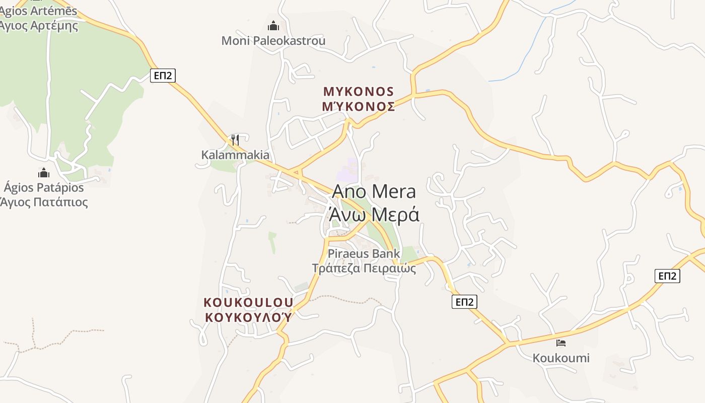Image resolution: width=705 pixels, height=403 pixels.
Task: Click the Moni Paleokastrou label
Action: point(273,41)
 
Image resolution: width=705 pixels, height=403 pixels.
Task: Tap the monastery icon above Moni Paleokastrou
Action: point(273,25)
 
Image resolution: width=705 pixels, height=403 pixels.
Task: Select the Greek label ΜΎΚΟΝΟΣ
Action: point(359,106)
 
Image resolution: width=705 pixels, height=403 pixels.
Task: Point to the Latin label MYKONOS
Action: point(359,92)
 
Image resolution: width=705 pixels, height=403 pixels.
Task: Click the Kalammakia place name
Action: point(235,155)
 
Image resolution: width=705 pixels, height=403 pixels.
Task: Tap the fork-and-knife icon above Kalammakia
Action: point(235,140)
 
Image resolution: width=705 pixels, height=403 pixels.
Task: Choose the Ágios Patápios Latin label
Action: point(44,188)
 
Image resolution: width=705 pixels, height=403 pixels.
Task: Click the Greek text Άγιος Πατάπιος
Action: point(44,203)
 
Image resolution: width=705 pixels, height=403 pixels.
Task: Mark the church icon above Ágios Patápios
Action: point(44,173)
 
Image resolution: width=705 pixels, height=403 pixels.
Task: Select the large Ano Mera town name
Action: point(374,192)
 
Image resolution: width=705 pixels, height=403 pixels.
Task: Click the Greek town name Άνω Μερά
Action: point(374,215)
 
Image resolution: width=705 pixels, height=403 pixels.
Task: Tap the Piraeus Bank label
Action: point(364,253)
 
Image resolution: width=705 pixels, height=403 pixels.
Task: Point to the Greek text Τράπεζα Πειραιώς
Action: point(364,268)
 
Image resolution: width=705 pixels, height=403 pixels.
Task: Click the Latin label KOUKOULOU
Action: point(248,302)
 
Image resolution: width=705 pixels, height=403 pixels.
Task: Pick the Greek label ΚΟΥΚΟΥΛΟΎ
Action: point(248,317)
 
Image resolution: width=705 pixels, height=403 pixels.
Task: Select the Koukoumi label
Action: point(561,358)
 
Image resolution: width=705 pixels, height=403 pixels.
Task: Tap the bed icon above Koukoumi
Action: point(561,343)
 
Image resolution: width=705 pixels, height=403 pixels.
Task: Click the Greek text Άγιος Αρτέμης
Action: point(39,25)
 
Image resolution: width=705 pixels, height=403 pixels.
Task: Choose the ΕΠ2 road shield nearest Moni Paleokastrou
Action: point(163,76)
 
